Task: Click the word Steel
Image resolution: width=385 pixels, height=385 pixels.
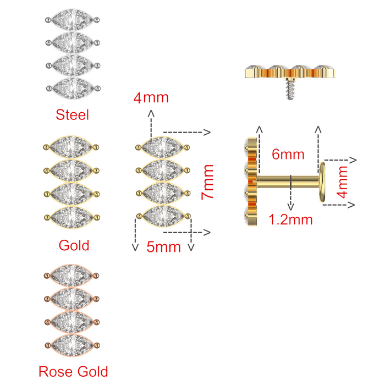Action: (x=72, y=114)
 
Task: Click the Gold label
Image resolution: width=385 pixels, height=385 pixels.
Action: (x=73, y=245)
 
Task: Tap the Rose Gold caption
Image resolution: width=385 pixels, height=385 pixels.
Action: (x=73, y=371)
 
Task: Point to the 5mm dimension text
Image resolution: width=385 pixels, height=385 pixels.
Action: (x=163, y=246)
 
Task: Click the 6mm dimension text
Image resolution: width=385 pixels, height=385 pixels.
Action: (x=288, y=154)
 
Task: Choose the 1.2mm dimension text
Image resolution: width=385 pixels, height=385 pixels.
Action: (x=291, y=220)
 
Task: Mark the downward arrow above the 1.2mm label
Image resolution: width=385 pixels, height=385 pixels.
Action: (x=291, y=201)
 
